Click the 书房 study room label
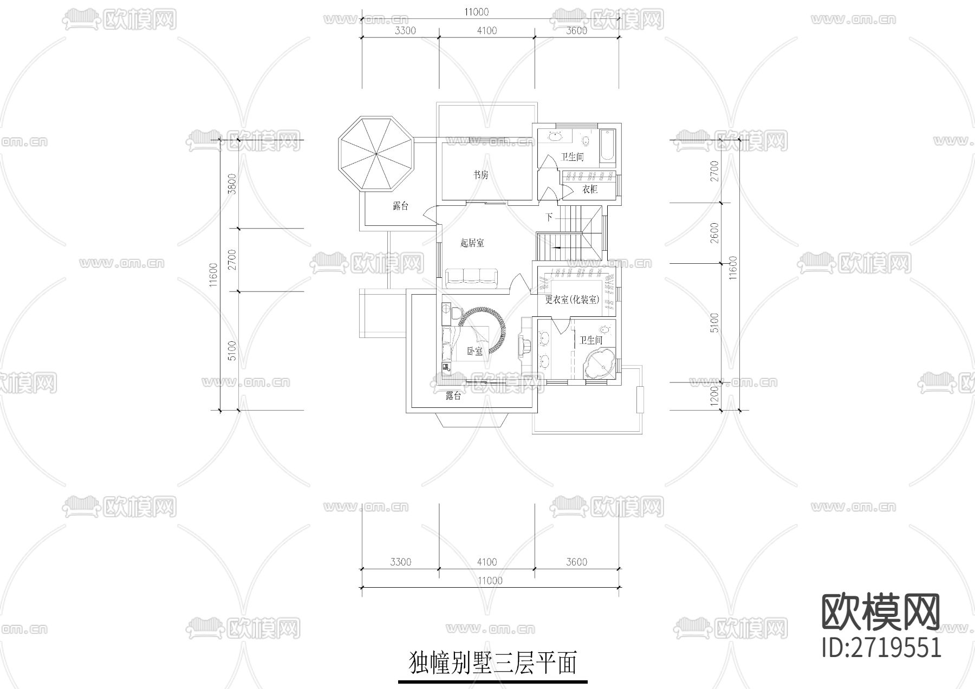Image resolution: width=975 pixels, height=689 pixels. tap(481, 175)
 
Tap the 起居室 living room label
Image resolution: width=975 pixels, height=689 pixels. tap(472, 243)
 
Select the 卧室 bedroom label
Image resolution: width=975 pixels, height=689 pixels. tap(474, 351)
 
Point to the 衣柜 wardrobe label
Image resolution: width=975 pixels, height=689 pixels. tap(590, 190)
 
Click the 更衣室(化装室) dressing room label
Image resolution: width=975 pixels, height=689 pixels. tap(572, 300)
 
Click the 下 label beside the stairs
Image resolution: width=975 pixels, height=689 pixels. tap(549, 217)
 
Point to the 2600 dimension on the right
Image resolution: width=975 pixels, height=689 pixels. tap(714, 233)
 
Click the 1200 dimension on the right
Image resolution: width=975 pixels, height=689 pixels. tap(714, 396)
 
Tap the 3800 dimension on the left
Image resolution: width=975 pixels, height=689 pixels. tap(232, 184)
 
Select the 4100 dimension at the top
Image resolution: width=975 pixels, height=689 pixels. tap(486, 31)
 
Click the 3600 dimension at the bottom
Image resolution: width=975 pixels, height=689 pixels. tap(576, 562)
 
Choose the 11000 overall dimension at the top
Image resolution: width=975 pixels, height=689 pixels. tap(477, 12)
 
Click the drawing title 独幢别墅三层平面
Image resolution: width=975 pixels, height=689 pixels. tap(492, 664)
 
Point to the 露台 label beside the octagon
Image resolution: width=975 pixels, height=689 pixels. tap(400, 206)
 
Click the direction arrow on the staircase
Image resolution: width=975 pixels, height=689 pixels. tap(558, 248)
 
